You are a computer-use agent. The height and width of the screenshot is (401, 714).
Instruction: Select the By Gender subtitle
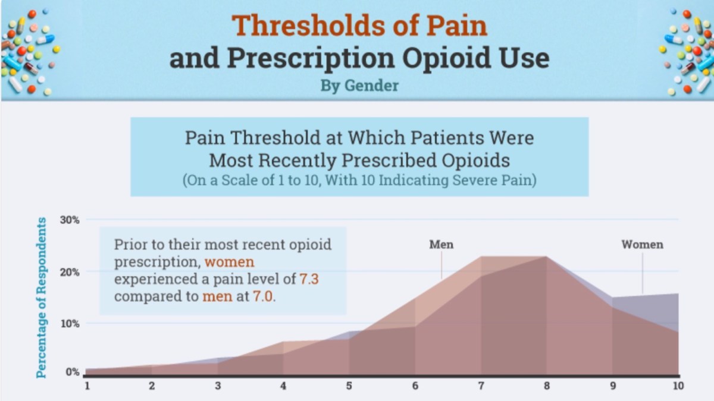click(359, 86)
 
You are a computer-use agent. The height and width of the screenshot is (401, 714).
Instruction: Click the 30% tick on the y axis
click(70, 220)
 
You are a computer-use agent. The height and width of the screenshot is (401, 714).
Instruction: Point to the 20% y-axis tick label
click(70, 272)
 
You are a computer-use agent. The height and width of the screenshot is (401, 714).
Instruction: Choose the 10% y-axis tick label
click(70, 324)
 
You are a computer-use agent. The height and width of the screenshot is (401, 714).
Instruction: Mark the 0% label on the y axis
click(72, 372)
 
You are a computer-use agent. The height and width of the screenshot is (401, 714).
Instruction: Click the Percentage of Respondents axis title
click(42, 298)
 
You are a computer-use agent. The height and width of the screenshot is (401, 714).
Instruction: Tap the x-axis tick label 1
click(87, 386)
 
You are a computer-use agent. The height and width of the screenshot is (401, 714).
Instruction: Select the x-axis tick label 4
click(283, 386)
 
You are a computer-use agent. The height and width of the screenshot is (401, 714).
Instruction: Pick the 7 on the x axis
click(480, 386)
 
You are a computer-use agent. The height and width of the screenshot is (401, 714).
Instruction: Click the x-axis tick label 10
click(678, 386)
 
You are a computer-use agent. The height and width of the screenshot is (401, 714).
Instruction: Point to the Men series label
click(441, 244)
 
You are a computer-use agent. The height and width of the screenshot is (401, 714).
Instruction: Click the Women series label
click(642, 244)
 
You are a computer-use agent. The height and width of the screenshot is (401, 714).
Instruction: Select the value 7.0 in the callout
click(264, 295)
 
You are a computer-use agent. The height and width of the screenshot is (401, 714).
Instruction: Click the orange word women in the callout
click(230, 262)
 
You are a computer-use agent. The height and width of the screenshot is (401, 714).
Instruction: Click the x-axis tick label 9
click(612, 386)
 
